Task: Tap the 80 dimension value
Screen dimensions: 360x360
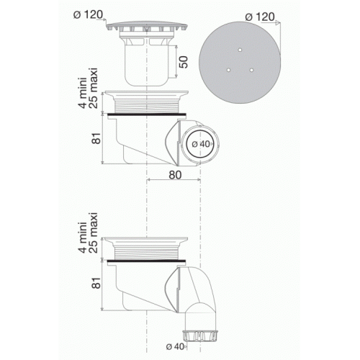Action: pos(171,174)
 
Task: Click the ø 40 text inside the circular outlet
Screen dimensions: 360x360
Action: pos(202,144)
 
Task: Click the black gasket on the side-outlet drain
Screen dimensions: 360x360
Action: pos(147,114)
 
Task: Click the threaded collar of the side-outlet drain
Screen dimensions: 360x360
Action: pos(147,104)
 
